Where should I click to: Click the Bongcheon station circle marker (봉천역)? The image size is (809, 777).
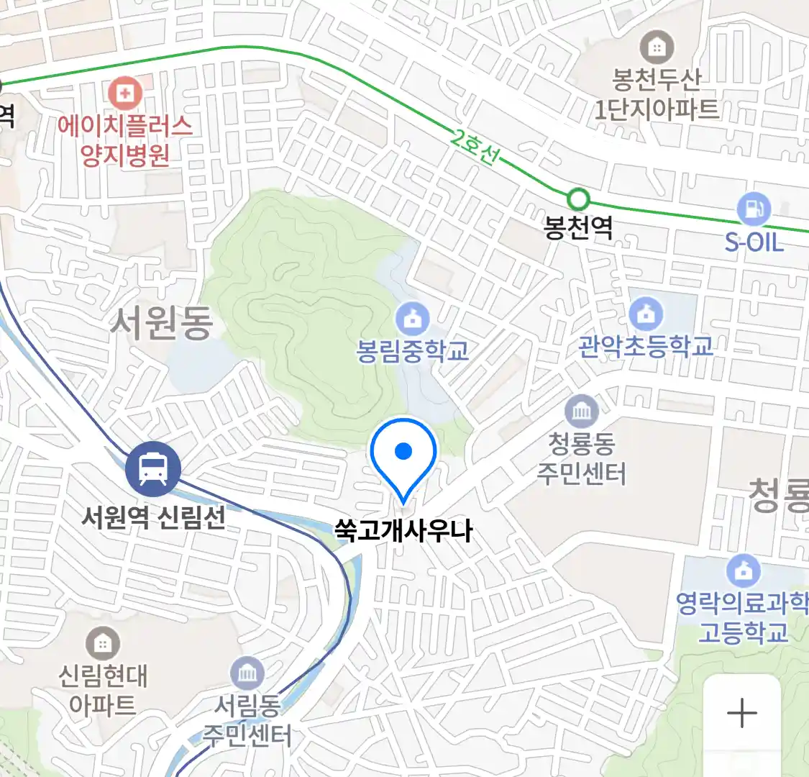tap(578, 199)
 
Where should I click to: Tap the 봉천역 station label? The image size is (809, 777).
tap(578, 229)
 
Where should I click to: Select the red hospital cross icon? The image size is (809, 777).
tap(126, 94)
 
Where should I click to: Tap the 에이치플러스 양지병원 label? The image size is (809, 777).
tap(125, 141)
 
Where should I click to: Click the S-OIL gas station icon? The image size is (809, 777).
tap(754, 210)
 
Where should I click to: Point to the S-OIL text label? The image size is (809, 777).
tap(754, 242)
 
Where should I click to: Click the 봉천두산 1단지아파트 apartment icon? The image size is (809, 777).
tap(656, 48)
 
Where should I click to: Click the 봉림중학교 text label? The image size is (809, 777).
tap(413, 350)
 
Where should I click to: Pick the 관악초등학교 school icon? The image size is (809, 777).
tap(646, 314)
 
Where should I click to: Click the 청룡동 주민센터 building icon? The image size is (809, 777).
tap(581, 412)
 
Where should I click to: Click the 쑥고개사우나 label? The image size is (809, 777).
tap(403, 531)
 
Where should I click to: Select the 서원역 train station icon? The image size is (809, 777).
tap(152, 469)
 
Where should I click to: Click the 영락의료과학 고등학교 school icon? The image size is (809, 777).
tap(744, 571)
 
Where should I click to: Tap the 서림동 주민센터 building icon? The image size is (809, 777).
tap(247, 674)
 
